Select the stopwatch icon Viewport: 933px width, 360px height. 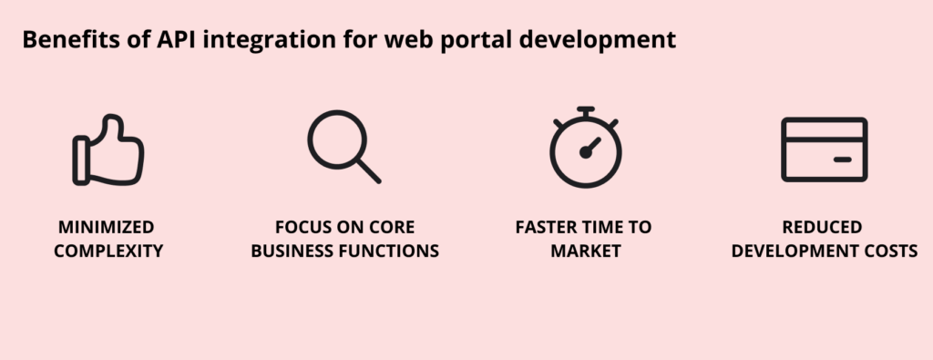585,148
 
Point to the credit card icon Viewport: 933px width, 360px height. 824,149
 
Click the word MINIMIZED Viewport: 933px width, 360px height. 108,227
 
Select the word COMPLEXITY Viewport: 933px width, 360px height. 108,250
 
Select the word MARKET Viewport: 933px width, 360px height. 584,250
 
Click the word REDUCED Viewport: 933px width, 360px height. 823,227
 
